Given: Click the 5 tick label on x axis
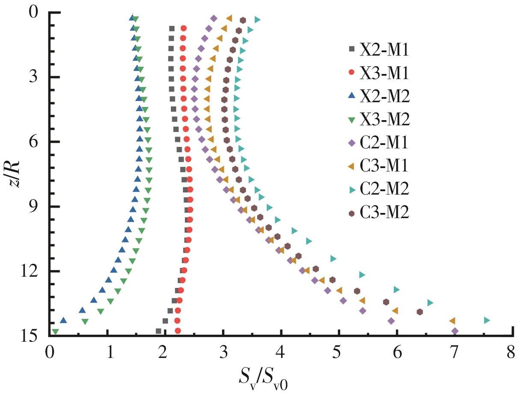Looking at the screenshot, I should point(338,354).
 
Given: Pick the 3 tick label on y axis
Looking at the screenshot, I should point(33,77).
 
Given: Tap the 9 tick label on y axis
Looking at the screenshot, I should point(33,207).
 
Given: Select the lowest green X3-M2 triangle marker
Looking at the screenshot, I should point(55,331).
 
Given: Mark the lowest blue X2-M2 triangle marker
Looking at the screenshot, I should point(63,320).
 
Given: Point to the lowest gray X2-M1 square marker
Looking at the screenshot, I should point(158,331).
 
